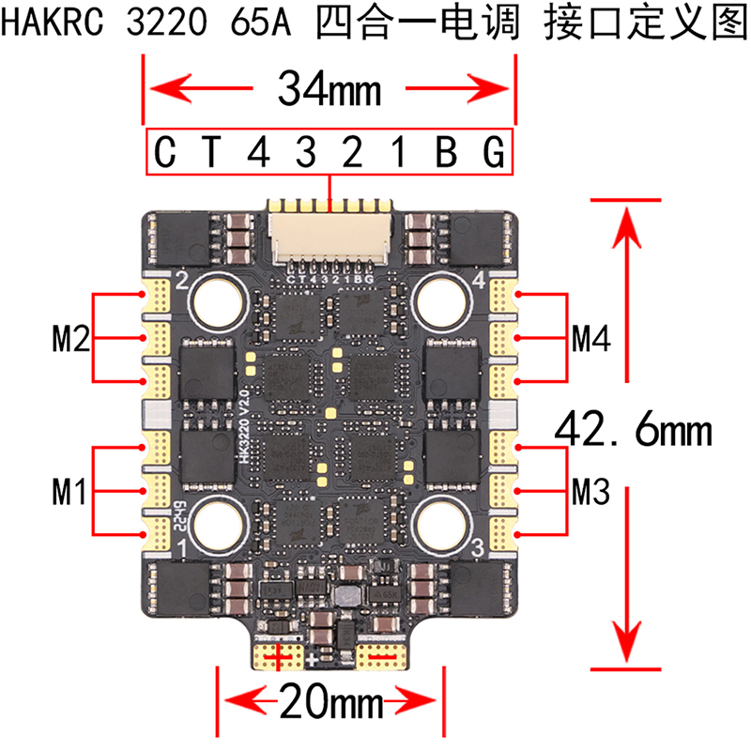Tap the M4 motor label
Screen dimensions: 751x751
pos(591,336)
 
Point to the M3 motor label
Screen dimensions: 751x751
pos(591,489)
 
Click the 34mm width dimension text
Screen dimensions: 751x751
pos(329,91)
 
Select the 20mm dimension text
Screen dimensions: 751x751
pos(328,700)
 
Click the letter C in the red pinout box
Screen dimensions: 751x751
pos(166,151)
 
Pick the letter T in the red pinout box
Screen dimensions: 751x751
pos(214,151)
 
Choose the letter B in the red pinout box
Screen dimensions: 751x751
pos(447,151)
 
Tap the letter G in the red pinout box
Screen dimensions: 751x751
pos(494,151)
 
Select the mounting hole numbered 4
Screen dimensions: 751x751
pos(438,299)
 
